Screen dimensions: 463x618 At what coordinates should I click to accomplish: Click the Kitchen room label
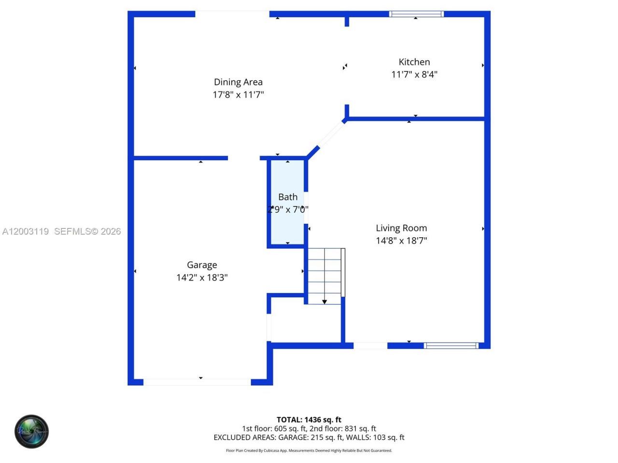point(414,62)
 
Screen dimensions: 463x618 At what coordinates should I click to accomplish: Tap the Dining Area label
point(238,82)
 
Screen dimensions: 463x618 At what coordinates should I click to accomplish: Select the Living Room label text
point(401,228)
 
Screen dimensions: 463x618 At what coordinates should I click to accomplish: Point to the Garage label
point(202,265)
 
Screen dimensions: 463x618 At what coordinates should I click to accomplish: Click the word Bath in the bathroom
point(288,197)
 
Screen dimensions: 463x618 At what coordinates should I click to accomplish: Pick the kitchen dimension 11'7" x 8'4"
point(414,74)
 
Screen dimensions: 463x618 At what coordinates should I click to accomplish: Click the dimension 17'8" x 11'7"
point(238,95)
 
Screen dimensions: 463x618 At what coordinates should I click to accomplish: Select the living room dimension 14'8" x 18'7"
point(401,241)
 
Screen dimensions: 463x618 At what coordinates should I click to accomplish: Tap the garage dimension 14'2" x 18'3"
point(202,277)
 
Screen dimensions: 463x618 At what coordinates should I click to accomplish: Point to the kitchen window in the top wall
point(416,14)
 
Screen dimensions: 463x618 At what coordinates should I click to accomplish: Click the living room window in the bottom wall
point(451,345)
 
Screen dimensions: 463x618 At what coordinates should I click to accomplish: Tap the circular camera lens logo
point(31,431)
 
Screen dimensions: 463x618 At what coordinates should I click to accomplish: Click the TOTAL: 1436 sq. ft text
point(309,420)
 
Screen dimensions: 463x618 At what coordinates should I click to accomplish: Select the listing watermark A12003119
point(26,231)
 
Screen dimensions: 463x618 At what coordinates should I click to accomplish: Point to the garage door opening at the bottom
point(197,382)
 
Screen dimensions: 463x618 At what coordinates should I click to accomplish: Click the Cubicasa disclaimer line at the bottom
point(309,450)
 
